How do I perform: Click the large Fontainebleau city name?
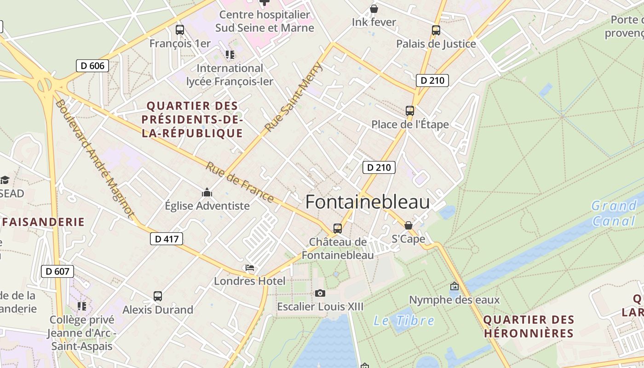[368, 202]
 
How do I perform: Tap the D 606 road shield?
[92, 66]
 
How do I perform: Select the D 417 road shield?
[167, 239]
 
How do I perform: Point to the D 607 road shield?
[57, 271]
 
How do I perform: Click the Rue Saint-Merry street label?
[295, 97]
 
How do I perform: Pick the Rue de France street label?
[240, 182]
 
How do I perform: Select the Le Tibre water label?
[403, 321]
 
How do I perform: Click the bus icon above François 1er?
[180, 30]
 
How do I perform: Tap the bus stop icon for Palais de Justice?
[436, 30]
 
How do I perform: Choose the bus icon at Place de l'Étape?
[410, 111]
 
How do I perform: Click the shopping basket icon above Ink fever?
[374, 9]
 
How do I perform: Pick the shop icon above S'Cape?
[408, 225]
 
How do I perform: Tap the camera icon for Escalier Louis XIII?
[320, 293]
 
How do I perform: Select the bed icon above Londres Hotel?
[250, 267]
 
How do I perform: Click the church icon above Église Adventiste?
[207, 192]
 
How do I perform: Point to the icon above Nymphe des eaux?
[454, 286]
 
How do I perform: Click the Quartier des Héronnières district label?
[529, 326]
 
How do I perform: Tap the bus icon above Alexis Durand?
[158, 296]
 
